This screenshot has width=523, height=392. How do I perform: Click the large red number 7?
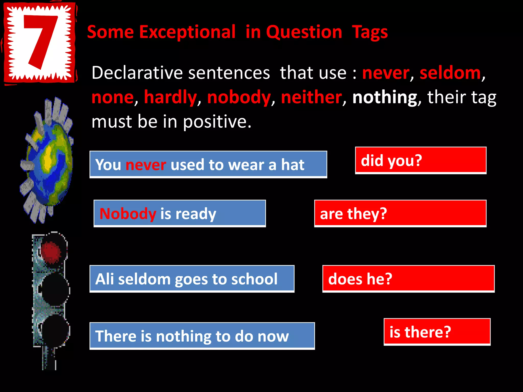[41, 41]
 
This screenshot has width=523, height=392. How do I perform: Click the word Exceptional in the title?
[187, 32]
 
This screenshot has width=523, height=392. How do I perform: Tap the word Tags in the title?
[370, 33]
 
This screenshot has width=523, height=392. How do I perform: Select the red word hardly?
[170, 97]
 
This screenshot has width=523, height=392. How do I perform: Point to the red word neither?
[311, 97]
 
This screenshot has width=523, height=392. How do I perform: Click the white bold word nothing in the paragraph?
[385, 97]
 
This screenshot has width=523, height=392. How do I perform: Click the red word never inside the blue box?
[146, 165]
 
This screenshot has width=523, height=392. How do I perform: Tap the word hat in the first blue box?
[293, 165]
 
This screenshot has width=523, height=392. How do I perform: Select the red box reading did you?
[421, 161]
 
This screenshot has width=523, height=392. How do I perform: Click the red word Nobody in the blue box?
[128, 214]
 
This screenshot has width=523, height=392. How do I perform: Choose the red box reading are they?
[400, 214]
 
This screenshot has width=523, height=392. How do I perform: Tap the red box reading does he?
[408, 279]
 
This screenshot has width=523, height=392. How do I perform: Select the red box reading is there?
[437, 332]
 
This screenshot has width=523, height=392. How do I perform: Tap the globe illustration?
[47, 161]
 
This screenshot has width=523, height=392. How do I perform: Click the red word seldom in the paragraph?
[450, 73]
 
